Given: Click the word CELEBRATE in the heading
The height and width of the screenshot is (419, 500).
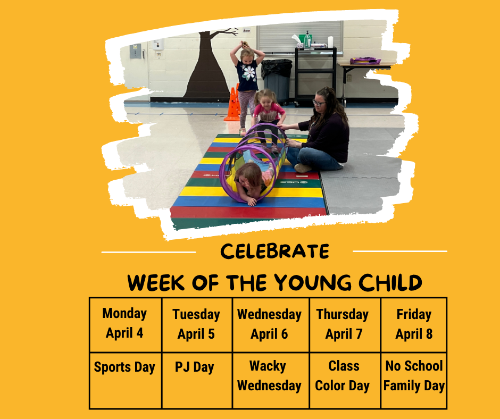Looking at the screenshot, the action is click(274, 252).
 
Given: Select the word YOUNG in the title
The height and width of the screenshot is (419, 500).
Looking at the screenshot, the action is click(313, 282).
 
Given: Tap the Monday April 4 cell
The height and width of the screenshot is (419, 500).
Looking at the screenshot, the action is click(126, 325).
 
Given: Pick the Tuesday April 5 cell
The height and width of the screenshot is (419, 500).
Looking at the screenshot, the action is click(197, 325).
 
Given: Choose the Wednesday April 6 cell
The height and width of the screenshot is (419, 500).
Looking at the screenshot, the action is click(271, 325).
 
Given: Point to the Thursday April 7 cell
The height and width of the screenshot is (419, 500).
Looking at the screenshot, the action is click(345, 325).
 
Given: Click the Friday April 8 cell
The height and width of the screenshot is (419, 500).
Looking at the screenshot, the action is click(414, 325).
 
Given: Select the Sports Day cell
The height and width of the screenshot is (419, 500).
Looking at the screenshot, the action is click(126, 380).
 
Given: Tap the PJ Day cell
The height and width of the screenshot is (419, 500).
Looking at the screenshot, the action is click(197, 380).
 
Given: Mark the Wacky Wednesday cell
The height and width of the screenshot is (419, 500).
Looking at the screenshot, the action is click(271, 380).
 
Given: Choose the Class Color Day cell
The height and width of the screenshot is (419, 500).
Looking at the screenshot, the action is click(345, 380).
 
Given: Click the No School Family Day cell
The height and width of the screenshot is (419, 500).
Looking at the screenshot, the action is click(414, 380).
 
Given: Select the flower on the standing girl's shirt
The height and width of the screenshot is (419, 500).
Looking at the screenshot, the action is click(249, 73).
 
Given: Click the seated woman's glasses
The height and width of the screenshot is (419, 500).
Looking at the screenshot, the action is click(318, 103).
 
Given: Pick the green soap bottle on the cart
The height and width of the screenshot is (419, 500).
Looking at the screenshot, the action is click(307, 39).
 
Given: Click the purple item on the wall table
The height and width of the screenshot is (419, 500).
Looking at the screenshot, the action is click(365, 61).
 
